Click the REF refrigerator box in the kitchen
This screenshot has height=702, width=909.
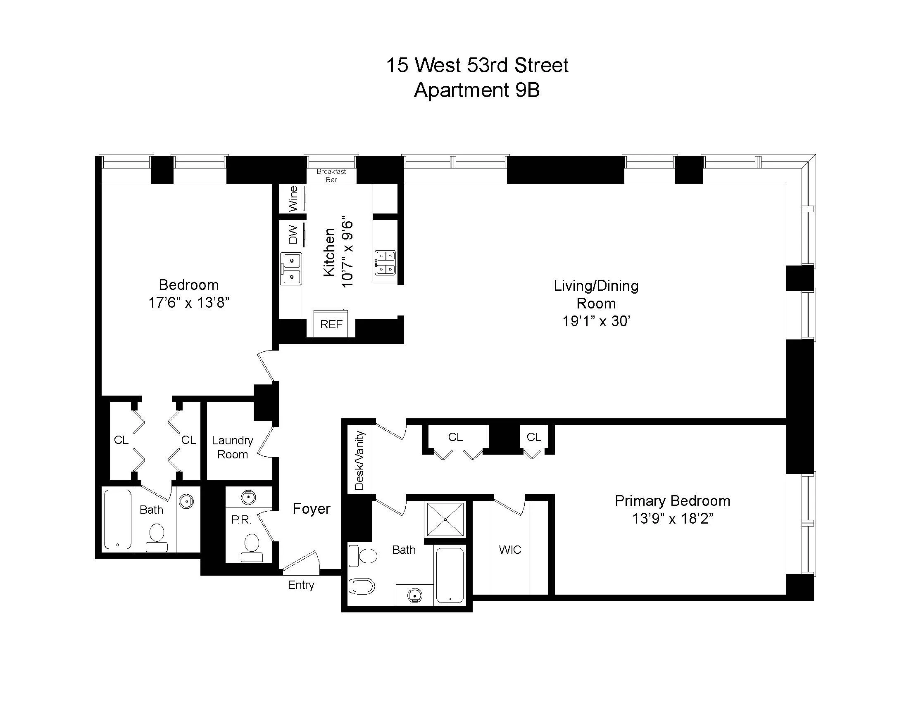pos(331,324)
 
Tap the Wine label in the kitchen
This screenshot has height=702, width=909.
pos(293,198)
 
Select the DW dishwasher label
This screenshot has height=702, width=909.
pos(293,235)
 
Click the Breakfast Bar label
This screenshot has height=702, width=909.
pos(331,175)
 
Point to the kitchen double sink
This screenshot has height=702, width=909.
pos(291,268)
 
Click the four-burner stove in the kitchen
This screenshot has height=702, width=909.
pos(385,263)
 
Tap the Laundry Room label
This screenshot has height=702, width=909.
pos(232,447)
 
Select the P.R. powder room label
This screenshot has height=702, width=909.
pos(241,520)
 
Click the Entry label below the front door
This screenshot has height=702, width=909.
pos(301,585)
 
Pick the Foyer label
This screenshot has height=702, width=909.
pos(311,509)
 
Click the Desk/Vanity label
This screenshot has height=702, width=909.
pos(359,460)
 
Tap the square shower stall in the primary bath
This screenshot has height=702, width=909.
pos(445,520)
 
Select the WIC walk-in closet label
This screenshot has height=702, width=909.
pos(510,550)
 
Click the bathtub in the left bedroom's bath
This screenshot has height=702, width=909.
pos(118,520)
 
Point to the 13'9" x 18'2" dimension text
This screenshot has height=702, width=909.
pos(673,519)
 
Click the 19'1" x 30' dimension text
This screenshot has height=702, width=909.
pos(596,321)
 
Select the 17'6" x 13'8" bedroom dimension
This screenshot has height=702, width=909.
pos(189,302)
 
